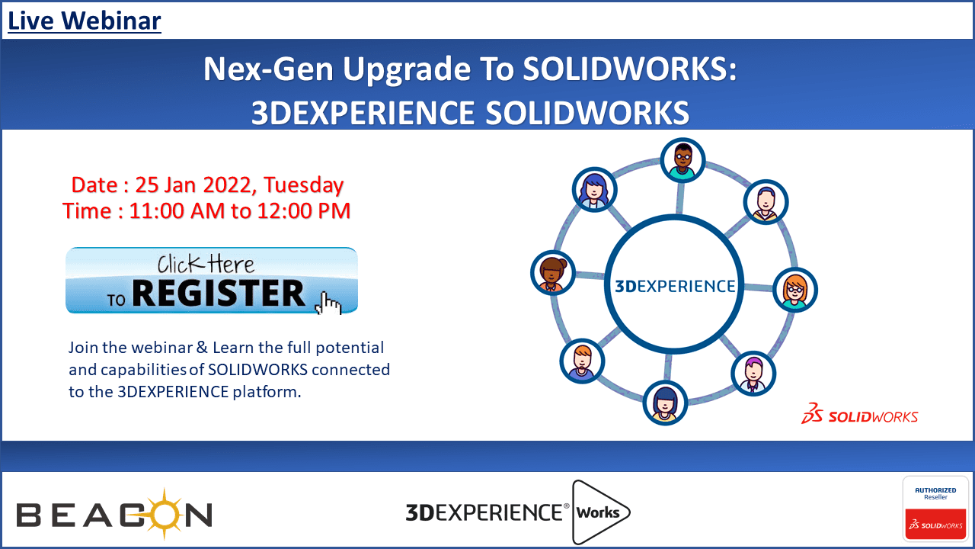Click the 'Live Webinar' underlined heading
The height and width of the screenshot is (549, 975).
coord(85,21)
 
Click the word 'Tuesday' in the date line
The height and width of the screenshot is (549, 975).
coord(304,185)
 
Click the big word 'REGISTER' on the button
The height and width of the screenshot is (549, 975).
coord(219,294)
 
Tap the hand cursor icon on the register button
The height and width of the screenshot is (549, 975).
coord(328,303)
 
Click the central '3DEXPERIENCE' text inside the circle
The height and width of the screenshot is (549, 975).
coord(675,286)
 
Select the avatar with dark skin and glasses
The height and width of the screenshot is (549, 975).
coord(682,160)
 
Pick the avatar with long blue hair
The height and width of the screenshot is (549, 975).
coord(594,190)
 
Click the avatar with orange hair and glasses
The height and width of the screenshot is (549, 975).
coord(795,290)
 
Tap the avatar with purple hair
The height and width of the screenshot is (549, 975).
coord(753,374)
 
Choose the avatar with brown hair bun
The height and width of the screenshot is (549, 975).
coord(553,273)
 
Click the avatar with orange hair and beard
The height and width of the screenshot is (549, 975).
coord(582,361)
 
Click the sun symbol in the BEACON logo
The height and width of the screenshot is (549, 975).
coord(165,514)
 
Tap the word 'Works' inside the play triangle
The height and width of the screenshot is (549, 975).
coord(598,512)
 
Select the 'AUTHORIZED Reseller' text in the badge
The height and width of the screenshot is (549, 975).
coord(935,493)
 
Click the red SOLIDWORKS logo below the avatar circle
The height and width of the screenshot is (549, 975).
coord(860,414)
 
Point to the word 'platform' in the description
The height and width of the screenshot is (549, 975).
coord(265,392)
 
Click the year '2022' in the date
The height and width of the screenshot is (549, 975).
coord(226,185)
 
